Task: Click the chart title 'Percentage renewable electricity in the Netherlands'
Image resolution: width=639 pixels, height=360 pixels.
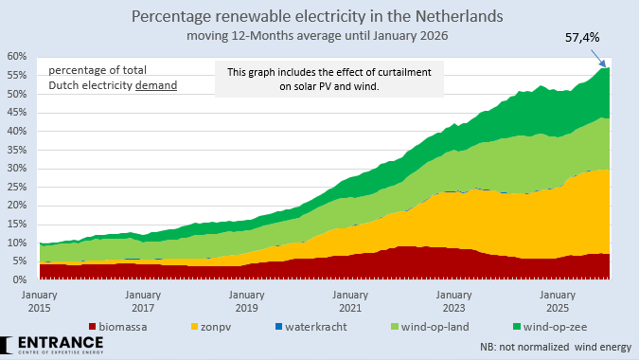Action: (x=318, y=17)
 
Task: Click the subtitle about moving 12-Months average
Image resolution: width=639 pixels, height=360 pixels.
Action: (x=318, y=36)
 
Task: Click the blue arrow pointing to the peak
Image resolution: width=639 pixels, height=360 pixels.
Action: (x=595, y=57)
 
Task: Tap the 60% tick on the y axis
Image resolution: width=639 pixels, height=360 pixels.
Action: (x=17, y=56)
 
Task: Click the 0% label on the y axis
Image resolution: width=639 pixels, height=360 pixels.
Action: (x=20, y=280)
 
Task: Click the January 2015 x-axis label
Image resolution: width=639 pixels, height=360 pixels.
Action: (x=38, y=301)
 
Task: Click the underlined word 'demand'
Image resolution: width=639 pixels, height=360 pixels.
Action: (x=156, y=85)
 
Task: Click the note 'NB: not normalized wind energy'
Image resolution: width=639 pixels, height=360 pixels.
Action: (x=552, y=347)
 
